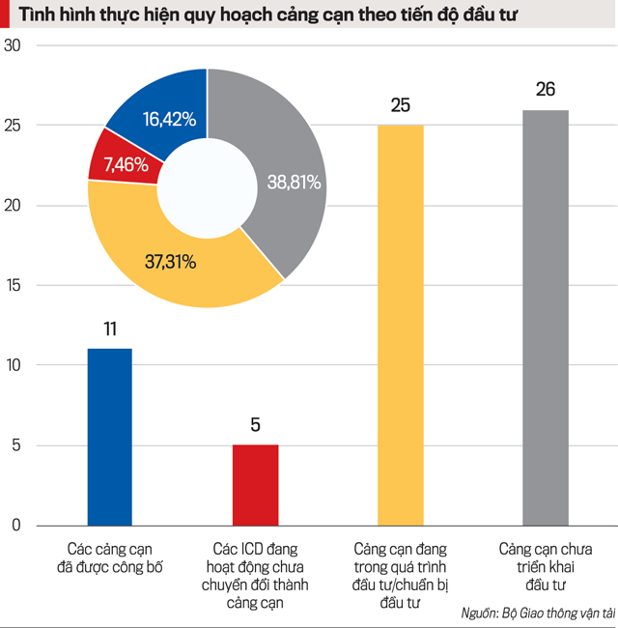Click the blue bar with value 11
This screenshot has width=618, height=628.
[110, 437]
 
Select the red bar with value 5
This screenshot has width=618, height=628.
[255, 485]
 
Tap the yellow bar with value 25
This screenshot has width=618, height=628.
[400, 325]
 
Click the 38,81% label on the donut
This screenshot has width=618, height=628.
[293, 182]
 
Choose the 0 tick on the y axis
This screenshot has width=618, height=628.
[15, 526]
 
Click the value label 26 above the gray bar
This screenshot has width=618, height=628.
[546, 90]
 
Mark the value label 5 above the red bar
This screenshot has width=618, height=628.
[255, 424]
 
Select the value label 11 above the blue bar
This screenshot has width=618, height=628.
[110, 328]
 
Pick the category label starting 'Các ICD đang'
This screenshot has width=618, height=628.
[255, 575]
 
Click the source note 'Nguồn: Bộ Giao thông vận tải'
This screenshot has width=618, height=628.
[537, 614]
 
